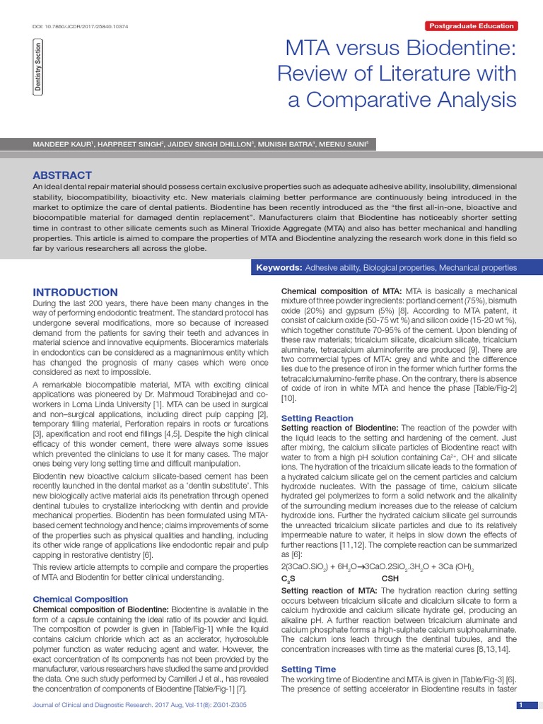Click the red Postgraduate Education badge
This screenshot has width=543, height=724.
click(x=472, y=26)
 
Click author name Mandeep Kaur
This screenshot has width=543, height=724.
click(x=63, y=144)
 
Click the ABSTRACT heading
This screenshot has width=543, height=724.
click(x=63, y=175)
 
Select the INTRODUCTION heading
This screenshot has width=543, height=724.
click(x=76, y=292)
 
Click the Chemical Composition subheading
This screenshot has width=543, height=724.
click(x=81, y=599)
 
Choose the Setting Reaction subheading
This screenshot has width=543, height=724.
click(x=317, y=418)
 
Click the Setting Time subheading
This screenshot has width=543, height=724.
click(x=308, y=669)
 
